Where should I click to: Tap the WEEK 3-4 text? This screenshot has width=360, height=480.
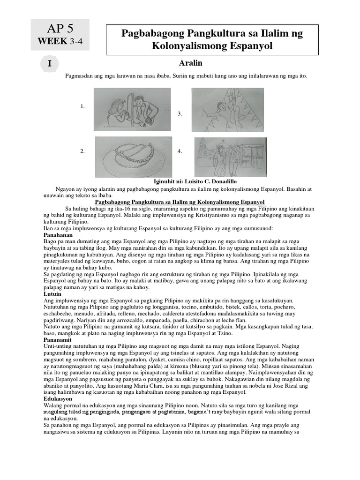click(x=60, y=41)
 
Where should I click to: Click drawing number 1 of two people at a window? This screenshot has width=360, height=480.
click(x=126, y=110)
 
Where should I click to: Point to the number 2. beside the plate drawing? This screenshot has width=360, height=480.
click(x=82, y=151)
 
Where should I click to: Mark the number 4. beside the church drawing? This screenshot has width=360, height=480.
click(x=180, y=151)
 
